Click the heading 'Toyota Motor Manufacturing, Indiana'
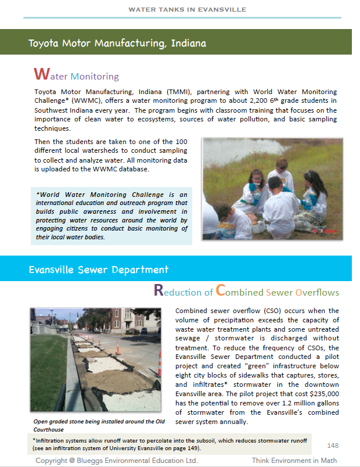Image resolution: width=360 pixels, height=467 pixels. (117, 43)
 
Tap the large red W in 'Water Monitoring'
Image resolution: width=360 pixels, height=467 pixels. (41, 74)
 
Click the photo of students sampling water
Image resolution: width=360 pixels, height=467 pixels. (272, 188)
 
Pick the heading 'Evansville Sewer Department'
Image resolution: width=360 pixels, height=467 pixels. (99, 270)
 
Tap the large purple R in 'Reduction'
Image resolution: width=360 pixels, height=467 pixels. (159, 291)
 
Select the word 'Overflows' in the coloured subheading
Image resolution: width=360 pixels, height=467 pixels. (317, 292)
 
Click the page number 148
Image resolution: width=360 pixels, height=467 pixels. (333, 446)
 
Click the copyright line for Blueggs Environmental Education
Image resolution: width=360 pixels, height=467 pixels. (117, 461)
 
